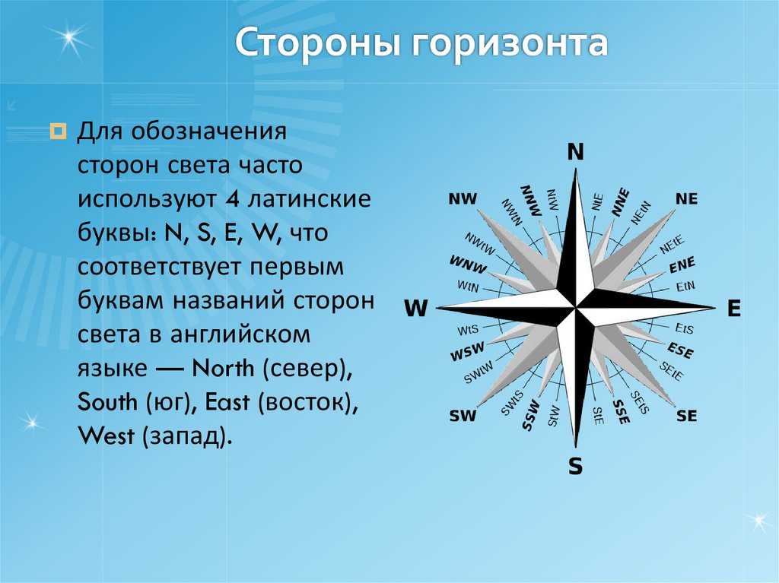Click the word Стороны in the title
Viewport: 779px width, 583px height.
click(x=318, y=43)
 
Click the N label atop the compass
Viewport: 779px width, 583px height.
click(x=576, y=152)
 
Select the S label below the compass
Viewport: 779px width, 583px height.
click(x=575, y=466)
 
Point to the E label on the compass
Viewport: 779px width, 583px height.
click(x=734, y=309)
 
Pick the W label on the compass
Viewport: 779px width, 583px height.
click(x=416, y=309)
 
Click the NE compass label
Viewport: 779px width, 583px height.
click(x=687, y=199)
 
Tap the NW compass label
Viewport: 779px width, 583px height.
click(x=463, y=199)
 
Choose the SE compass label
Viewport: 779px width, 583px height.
click(x=687, y=415)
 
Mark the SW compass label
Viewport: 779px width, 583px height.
click(x=463, y=415)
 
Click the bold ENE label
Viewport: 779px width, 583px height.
click(x=682, y=265)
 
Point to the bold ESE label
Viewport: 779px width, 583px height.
click(x=679, y=350)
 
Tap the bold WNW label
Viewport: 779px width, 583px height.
click(x=468, y=265)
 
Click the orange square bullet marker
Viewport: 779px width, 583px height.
click(x=58, y=131)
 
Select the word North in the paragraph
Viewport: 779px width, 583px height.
click(x=223, y=369)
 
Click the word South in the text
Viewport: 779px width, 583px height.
click(x=108, y=402)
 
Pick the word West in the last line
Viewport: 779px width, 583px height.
click(x=107, y=436)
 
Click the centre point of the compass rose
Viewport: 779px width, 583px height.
click(x=576, y=308)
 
